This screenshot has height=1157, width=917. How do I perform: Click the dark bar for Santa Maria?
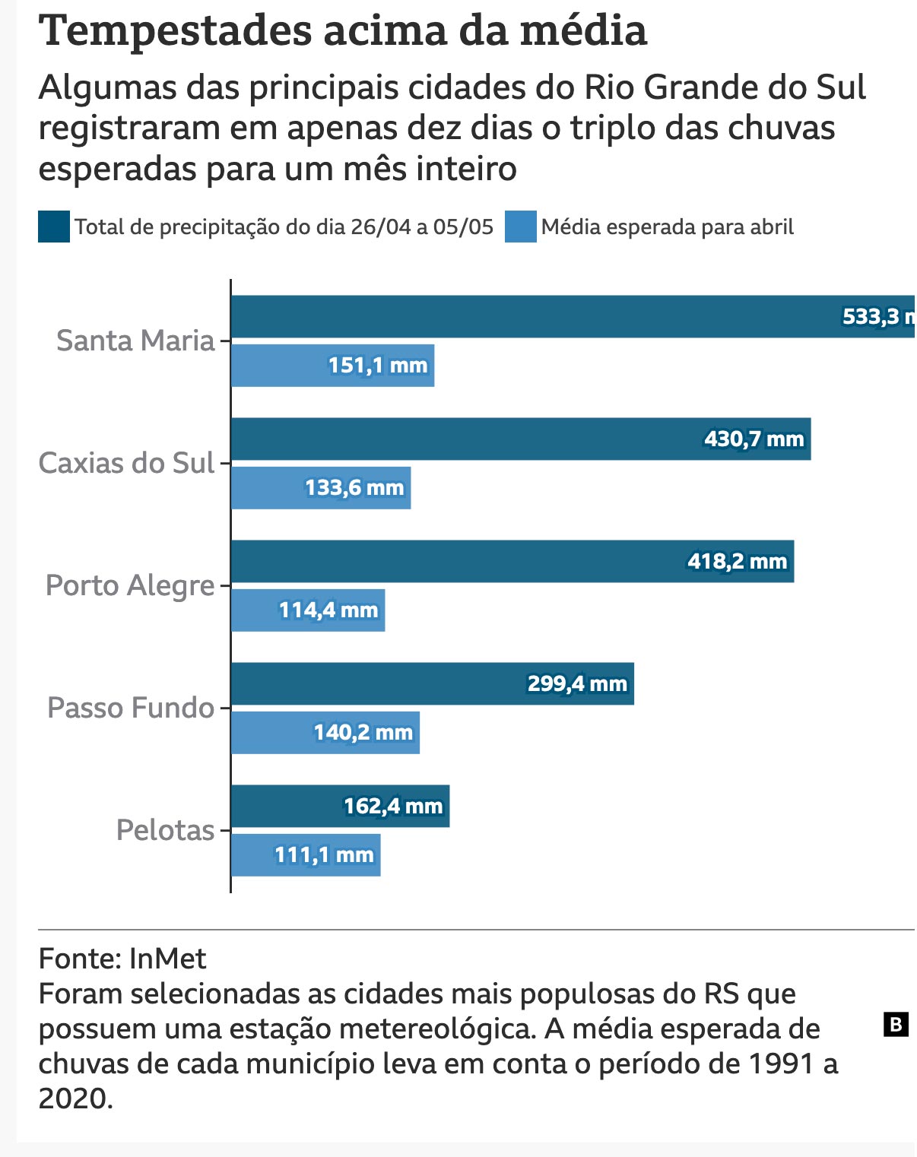coord(573,316)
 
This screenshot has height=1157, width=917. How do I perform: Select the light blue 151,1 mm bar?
coord(333,366)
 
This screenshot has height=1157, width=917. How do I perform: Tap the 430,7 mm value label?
coord(754,439)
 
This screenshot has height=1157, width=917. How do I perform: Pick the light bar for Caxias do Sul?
coord(321,487)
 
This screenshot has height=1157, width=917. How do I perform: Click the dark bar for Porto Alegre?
coord(512,561)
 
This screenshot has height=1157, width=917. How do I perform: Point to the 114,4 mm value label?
coord(328,610)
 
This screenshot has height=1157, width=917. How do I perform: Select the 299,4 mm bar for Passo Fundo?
coord(433,683)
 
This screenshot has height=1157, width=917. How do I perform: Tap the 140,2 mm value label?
coord(363,732)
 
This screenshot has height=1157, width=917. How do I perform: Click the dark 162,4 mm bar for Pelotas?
coord(341,806)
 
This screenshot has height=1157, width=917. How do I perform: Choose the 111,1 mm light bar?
coord(306,855)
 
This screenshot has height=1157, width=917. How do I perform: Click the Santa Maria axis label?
coord(135,341)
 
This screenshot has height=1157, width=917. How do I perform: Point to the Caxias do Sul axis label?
coord(126,463)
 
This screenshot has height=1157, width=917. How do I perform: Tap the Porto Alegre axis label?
coord(130,585)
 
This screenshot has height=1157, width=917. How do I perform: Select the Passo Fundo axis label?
coord(132,708)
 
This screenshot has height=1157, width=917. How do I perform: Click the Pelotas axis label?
coord(166,830)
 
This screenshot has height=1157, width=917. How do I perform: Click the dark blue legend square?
coord(54,227)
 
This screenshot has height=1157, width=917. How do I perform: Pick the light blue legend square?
coord(521,227)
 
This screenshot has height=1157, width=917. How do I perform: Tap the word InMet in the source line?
coord(168,959)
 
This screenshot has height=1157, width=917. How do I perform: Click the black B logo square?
coord(896,1025)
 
